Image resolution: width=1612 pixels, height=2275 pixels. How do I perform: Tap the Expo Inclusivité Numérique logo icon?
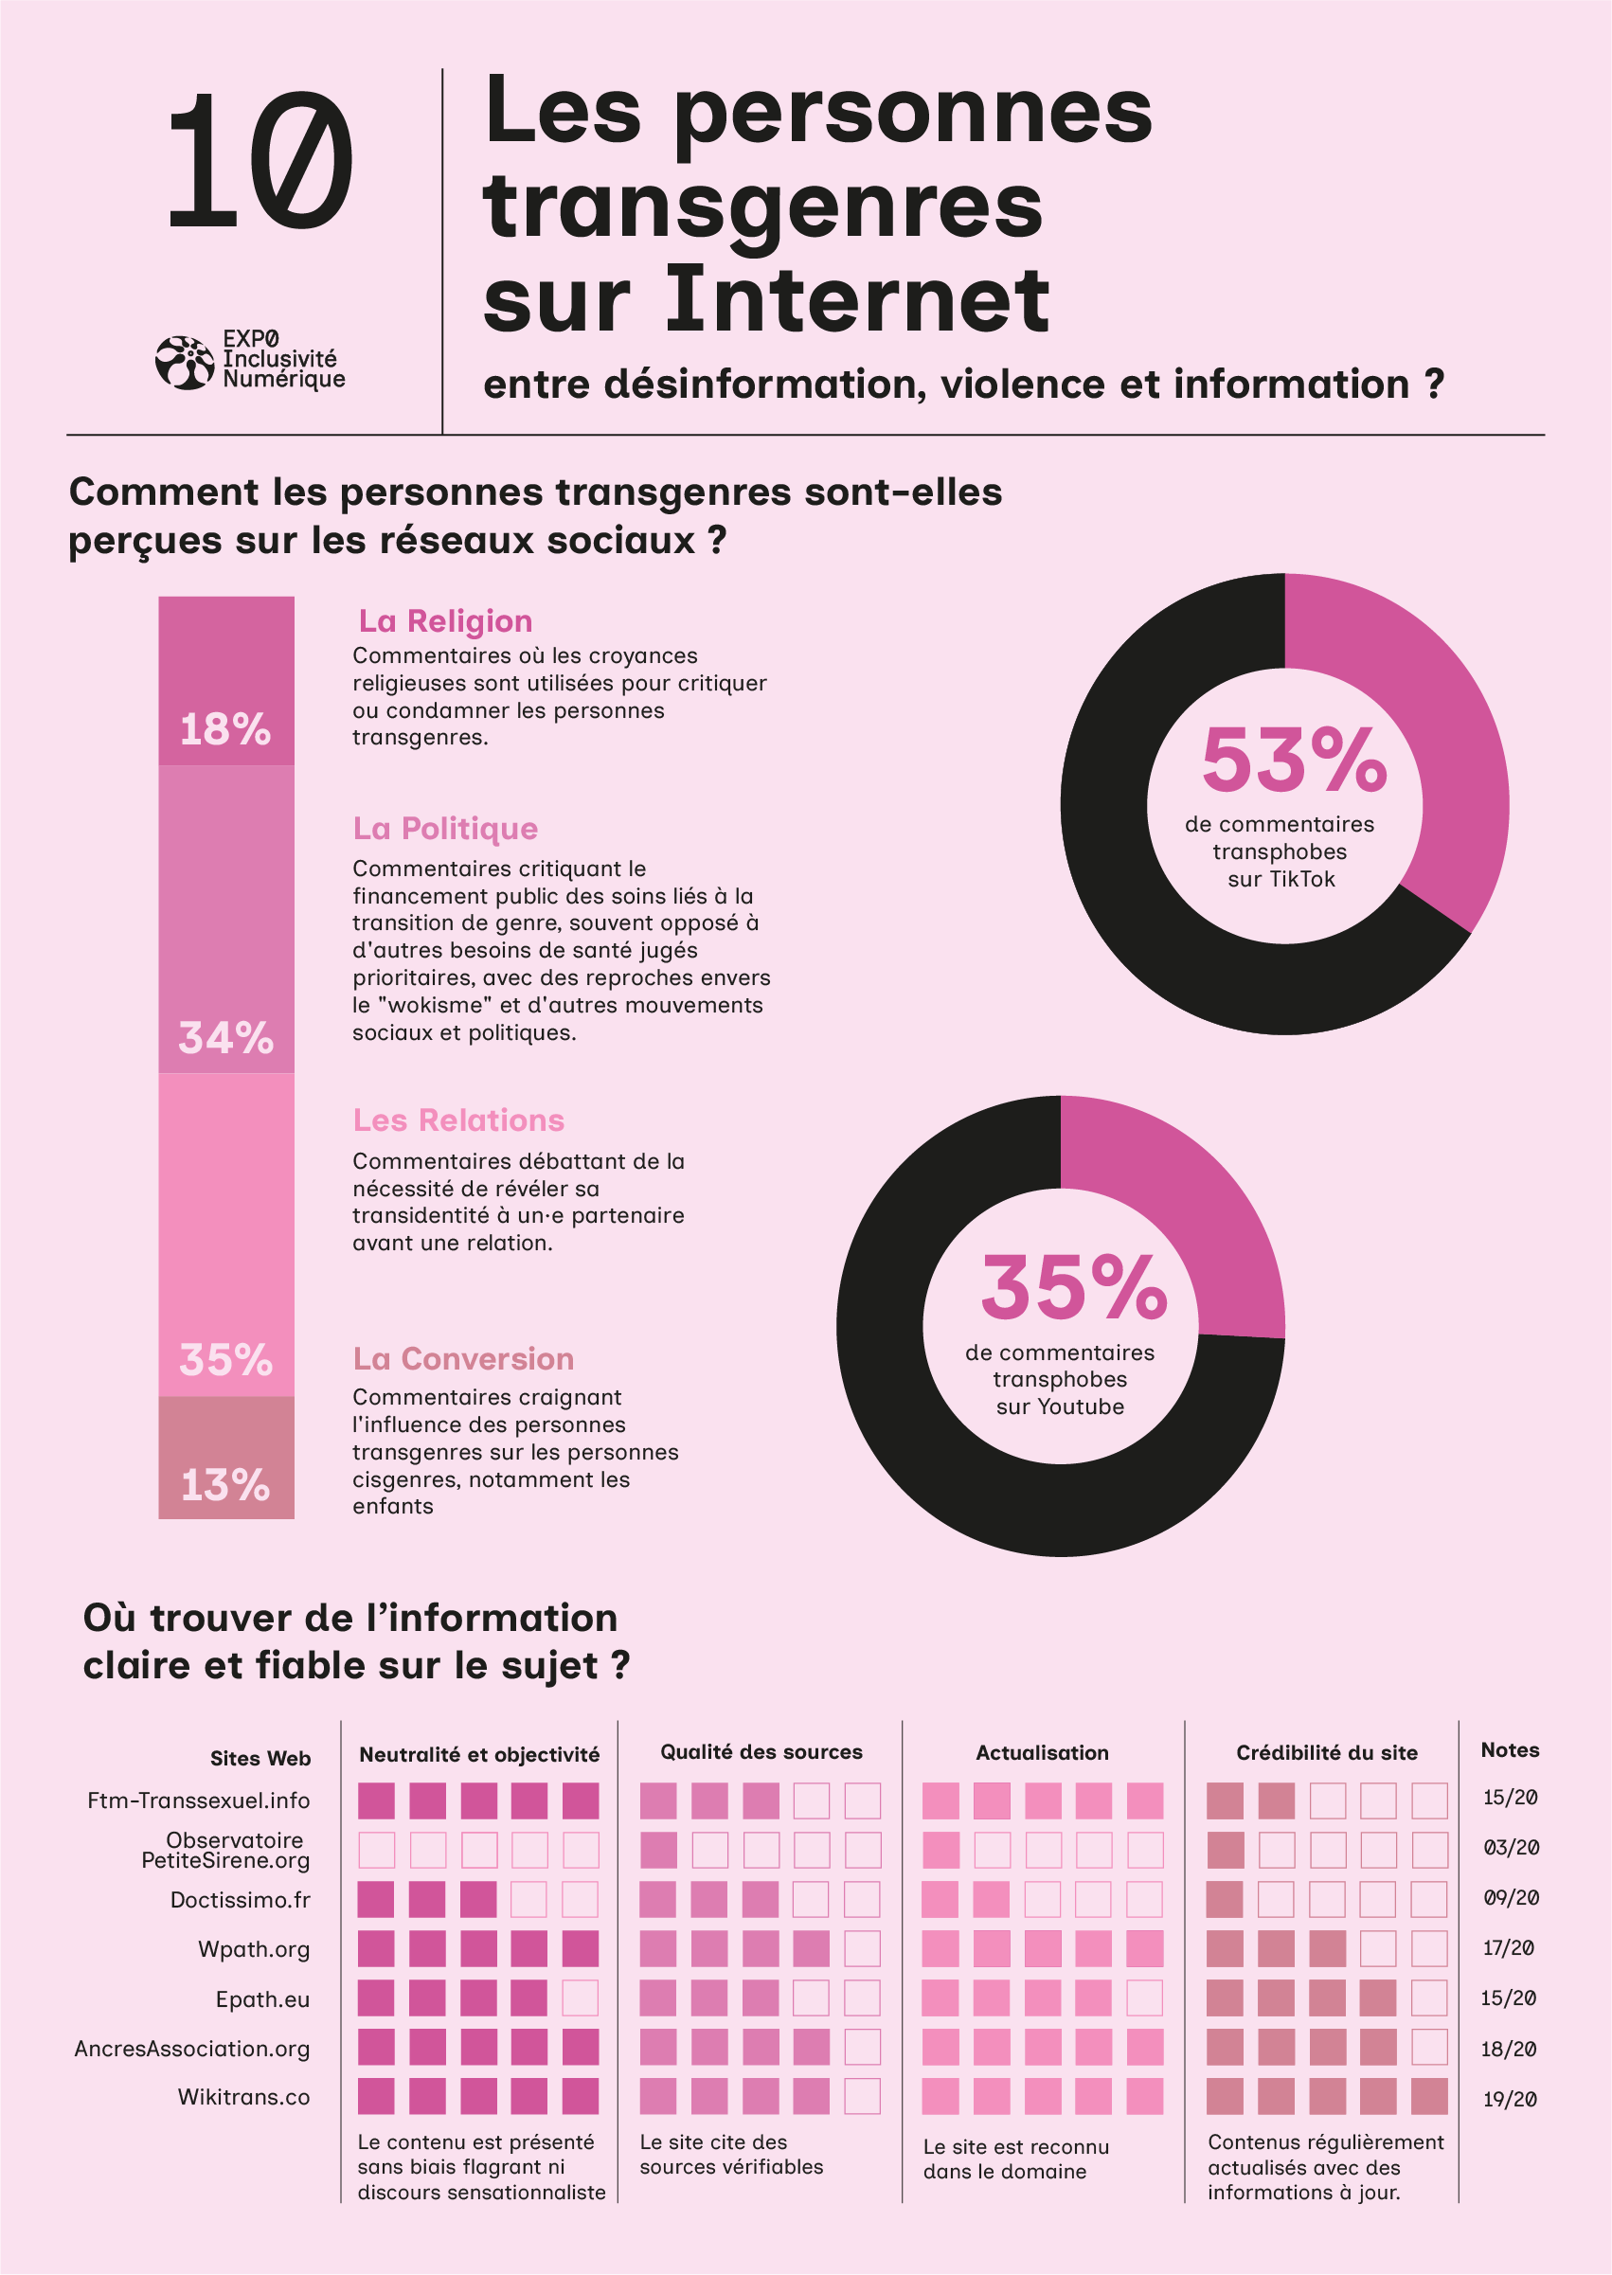point(185,363)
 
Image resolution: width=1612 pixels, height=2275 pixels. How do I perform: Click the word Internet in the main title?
point(855,298)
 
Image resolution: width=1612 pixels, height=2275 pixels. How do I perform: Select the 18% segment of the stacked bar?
point(226,681)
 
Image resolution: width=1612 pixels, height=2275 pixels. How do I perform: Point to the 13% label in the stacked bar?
point(225,1486)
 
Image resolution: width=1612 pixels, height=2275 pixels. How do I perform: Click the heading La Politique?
point(445,828)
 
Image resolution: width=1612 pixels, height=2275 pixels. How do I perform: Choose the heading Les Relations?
point(458,1120)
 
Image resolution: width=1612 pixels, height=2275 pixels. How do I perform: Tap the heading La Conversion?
point(463,1358)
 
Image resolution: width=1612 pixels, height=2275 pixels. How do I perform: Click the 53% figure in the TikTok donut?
point(1294,761)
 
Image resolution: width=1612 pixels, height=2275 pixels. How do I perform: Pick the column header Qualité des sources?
point(761,1752)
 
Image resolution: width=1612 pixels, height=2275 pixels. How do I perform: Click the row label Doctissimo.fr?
point(241,1900)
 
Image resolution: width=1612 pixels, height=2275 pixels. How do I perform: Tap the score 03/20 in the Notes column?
point(1511,1847)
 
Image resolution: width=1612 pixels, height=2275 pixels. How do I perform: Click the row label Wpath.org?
point(254,1949)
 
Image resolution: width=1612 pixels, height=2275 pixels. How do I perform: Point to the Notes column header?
point(1510,1750)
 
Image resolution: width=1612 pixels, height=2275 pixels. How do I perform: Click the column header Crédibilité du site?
point(1326,1753)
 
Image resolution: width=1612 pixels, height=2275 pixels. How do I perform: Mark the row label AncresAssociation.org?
point(192,2049)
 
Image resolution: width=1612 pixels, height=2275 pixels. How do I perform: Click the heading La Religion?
point(446,620)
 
